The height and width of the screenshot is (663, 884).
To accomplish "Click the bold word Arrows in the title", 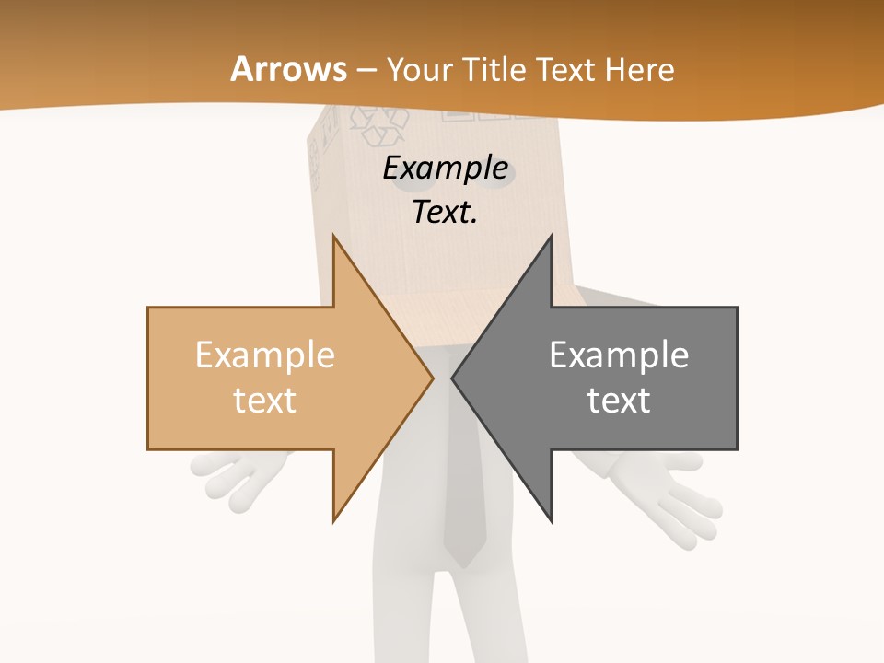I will click(x=288, y=69).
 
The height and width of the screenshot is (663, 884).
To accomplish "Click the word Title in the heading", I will click(x=497, y=69).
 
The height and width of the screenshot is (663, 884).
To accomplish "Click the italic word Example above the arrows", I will click(x=445, y=169).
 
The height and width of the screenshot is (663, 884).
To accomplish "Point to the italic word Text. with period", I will click(x=445, y=212).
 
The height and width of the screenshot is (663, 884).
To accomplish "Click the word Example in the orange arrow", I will click(x=265, y=355).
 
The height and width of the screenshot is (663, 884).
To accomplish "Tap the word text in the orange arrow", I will click(x=265, y=400).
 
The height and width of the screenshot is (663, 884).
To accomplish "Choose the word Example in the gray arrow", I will click(x=619, y=355).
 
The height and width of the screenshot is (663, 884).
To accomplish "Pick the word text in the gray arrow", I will click(x=619, y=400).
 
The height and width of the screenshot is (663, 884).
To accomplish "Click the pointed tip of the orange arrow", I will click(x=432, y=378).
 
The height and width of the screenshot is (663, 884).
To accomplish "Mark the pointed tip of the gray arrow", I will click(x=453, y=378).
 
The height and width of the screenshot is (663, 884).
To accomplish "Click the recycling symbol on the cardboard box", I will click(x=378, y=125).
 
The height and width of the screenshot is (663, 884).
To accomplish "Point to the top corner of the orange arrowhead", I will click(x=333, y=237).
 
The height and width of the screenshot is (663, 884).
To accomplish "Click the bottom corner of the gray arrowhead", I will click(x=552, y=520).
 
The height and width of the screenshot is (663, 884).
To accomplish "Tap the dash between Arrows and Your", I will click(x=366, y=70).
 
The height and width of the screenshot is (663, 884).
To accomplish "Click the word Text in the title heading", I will click(x=565, y=69).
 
